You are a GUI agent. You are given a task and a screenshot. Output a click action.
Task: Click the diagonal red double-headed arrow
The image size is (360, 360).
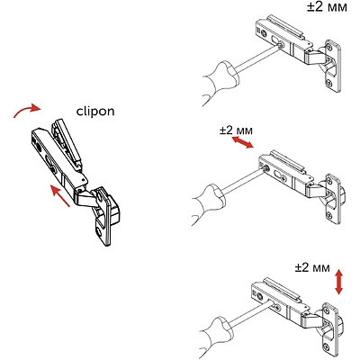(242, 145)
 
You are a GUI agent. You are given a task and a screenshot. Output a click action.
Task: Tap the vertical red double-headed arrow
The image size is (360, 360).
(338, 280)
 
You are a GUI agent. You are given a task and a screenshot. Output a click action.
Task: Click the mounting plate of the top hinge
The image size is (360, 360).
(334, 65)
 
